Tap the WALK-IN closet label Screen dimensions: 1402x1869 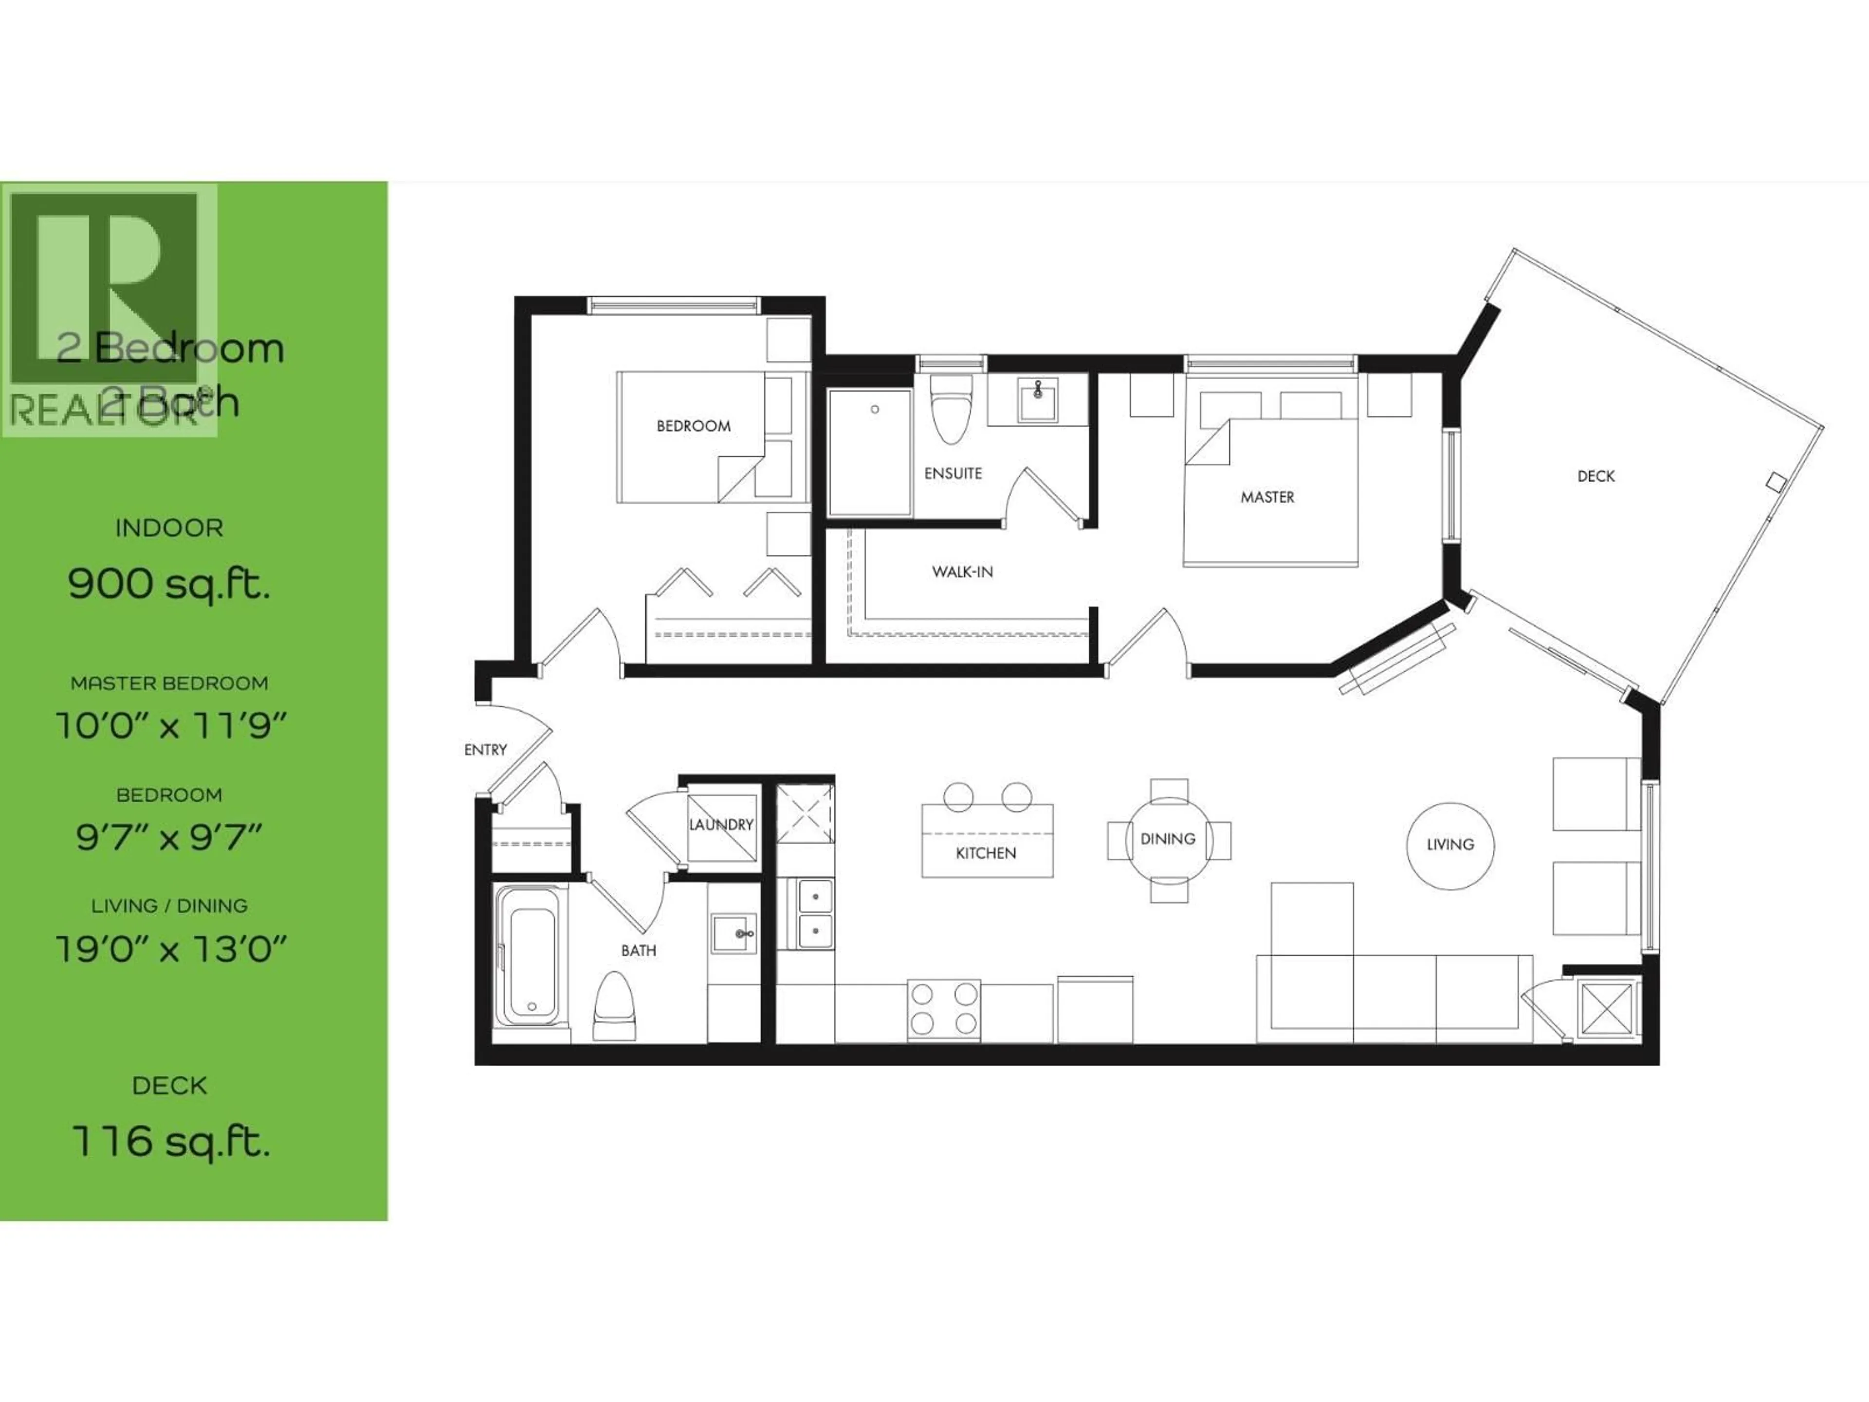(x=962, y=572)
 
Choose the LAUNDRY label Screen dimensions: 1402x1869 (x=721, y=824)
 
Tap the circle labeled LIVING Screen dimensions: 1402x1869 (x=1450, y=844)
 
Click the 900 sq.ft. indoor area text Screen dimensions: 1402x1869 (x=169, y=583)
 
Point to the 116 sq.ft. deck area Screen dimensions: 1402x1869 (x=171, y=1141)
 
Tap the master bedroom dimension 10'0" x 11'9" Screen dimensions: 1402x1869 (x=171, y=725)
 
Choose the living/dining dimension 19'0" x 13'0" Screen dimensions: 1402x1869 (x=171, y=949)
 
